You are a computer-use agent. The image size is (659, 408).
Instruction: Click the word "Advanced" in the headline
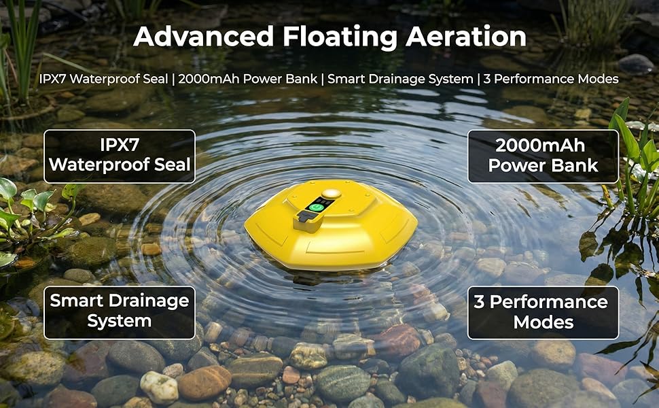coord(202,37)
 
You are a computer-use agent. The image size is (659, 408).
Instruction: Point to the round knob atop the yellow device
coord(332,194)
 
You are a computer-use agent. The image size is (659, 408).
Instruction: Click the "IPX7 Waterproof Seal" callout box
coord(120,156)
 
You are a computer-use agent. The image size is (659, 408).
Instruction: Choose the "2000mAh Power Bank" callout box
coord(543,156)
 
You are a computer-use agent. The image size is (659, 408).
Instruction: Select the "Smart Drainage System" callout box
coord(120,312)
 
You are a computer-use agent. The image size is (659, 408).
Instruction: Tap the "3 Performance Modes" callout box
coord(543,312)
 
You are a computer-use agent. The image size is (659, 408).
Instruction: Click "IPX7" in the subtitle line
coord(54,79)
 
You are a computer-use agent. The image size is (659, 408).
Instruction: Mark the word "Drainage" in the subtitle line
coord(392,79)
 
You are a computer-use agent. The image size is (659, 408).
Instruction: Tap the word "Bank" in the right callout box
coord(576,165)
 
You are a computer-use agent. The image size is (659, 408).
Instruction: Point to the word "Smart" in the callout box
coord(75,301)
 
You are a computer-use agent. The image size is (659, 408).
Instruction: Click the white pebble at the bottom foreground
coord(159,386)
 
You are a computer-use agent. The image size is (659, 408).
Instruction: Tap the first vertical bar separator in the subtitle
coord(173,79)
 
